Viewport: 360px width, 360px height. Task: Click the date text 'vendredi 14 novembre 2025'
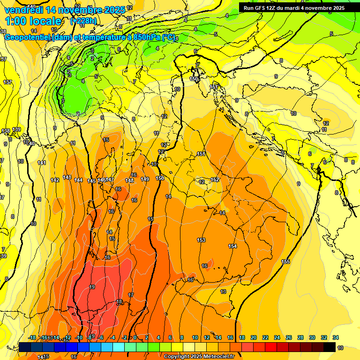65,9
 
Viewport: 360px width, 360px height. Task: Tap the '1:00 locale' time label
33,21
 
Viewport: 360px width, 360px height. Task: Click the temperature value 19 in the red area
92,287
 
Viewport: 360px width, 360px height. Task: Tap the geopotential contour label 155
285,262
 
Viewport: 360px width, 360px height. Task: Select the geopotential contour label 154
232,246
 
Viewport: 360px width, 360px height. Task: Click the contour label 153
201,240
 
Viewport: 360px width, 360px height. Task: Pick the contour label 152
215,180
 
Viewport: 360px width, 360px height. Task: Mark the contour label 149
145,179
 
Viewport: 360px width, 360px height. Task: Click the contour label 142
55,180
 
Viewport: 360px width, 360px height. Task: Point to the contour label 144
78,180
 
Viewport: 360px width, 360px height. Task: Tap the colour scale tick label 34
336,337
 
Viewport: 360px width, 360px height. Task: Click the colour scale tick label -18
32,337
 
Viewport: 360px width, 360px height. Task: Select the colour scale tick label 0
135,337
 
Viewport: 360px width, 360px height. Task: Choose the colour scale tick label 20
254,337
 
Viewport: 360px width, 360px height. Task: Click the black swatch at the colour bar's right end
330,347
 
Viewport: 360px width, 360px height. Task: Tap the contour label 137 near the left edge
7,82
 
